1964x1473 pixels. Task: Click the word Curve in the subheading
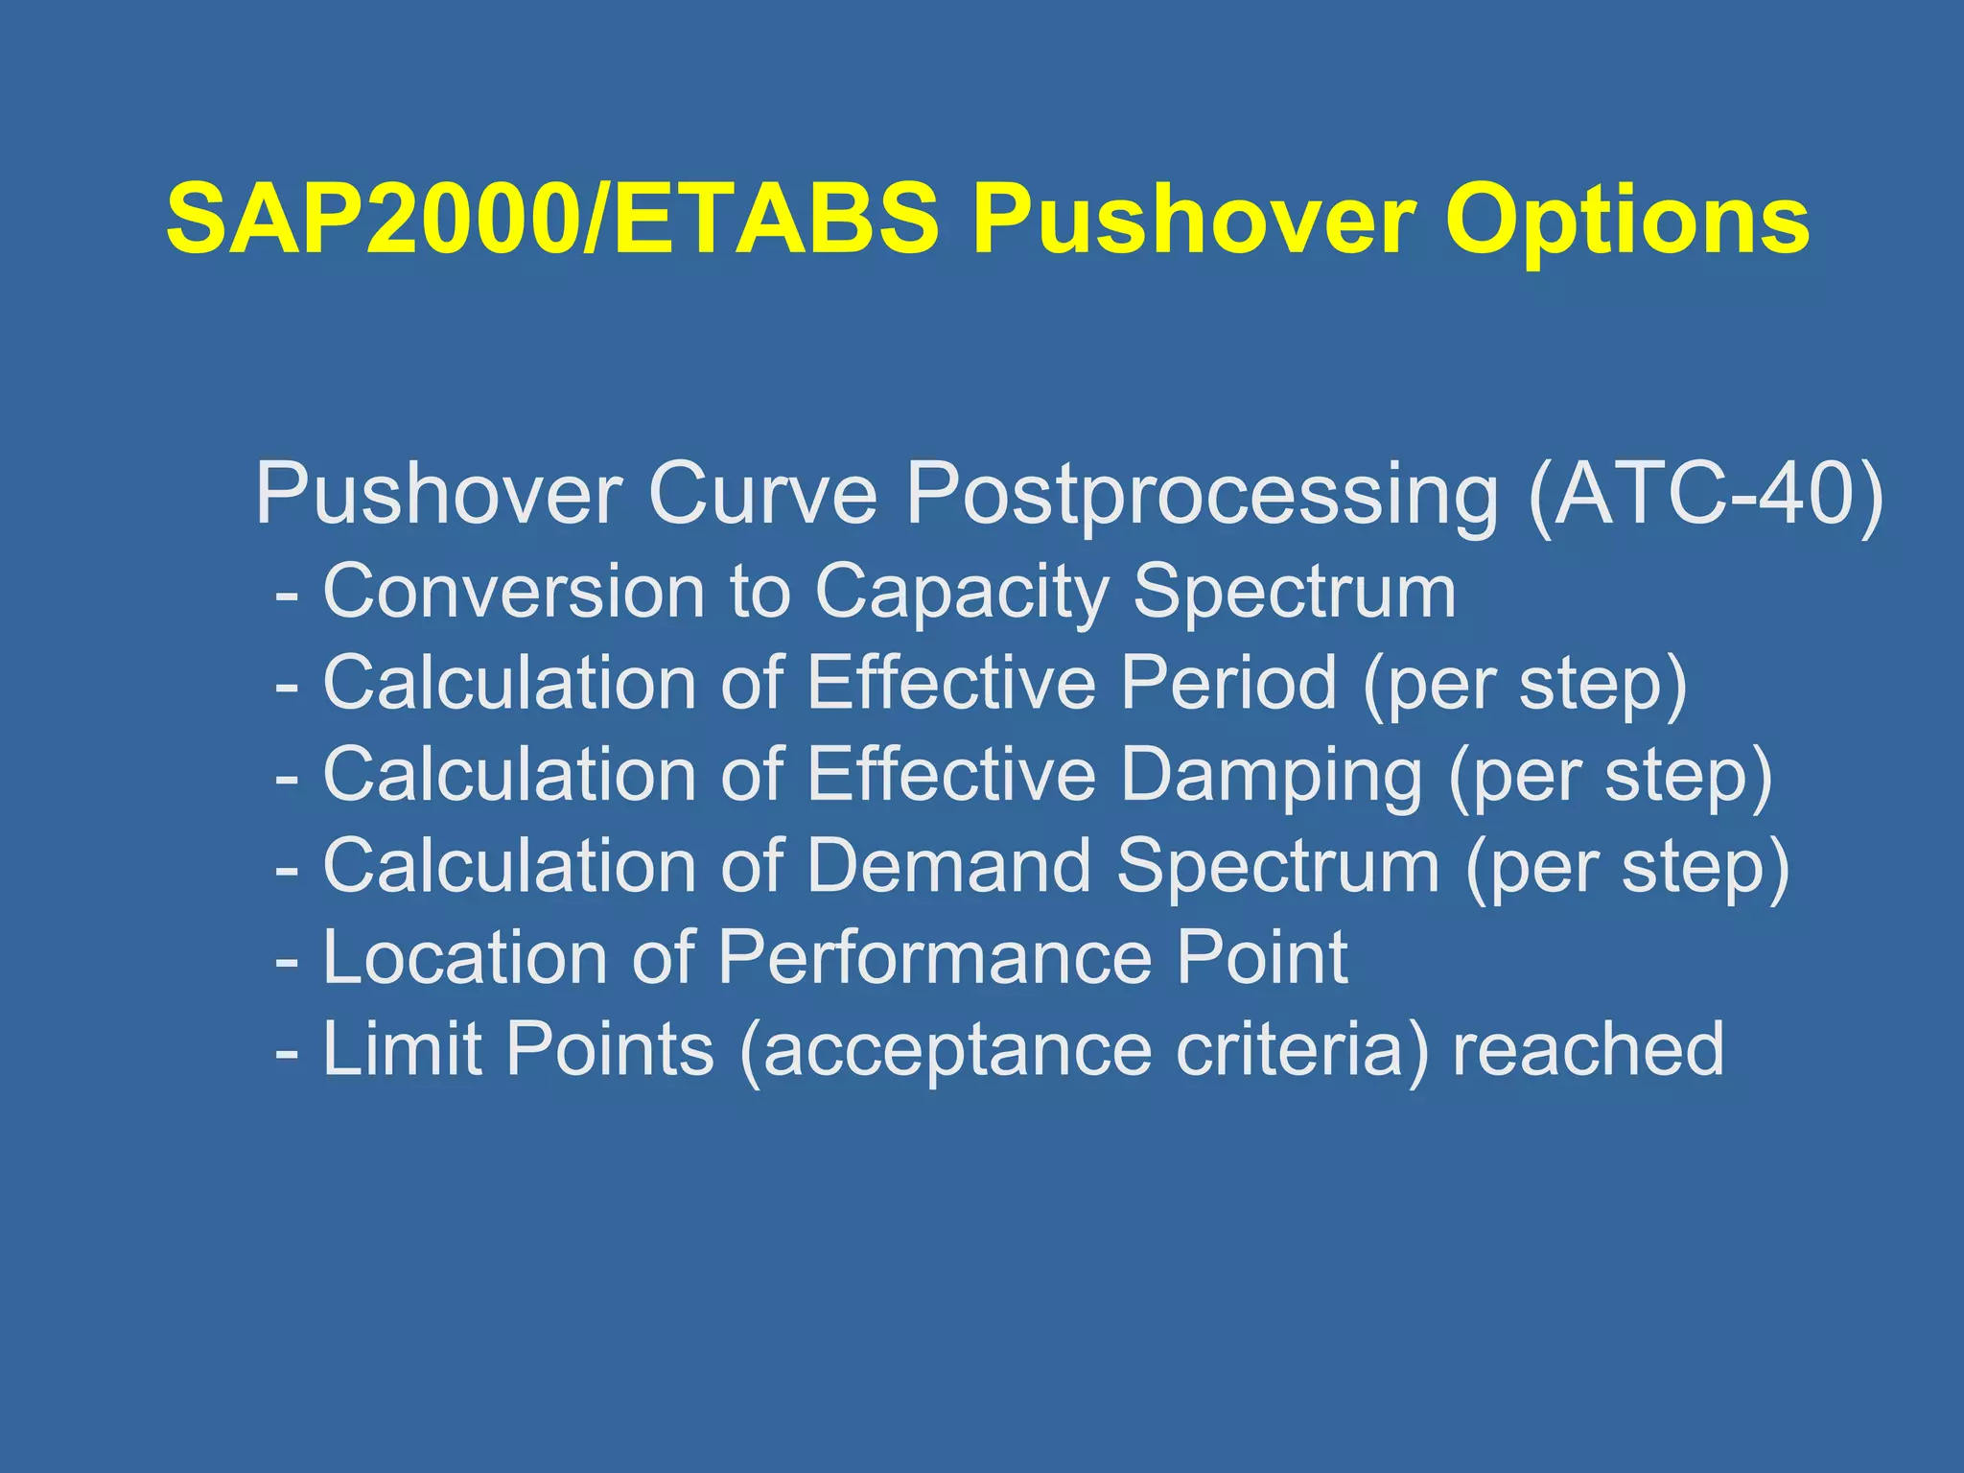762,494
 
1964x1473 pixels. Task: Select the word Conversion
514,591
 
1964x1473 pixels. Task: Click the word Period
1228,682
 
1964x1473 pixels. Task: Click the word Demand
949,866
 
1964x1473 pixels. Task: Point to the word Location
465,957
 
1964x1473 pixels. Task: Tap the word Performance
934,957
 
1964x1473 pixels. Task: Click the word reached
1588,1049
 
